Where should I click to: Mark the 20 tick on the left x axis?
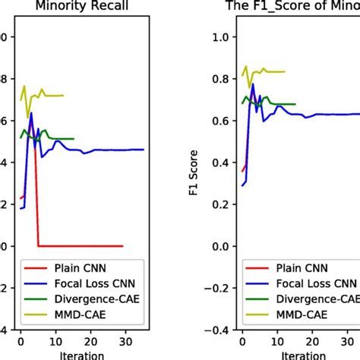tap(90, 342)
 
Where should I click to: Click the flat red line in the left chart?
tap(80, 246)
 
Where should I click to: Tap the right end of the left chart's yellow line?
tap(63, 96)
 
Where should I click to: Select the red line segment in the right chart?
tap(243, 166)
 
